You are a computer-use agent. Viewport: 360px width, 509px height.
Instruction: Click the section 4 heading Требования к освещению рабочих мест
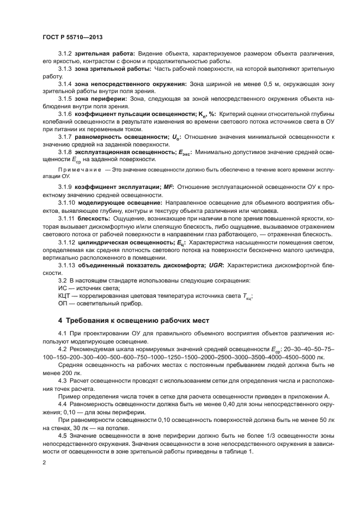click(x=133, y=320)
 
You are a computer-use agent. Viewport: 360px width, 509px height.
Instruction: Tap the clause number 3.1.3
click(x=65, y=69)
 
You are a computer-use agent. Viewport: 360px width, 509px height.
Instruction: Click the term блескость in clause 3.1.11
click(x=95, y=218)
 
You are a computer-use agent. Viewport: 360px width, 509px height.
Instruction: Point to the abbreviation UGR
click(x=215, y=265)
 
